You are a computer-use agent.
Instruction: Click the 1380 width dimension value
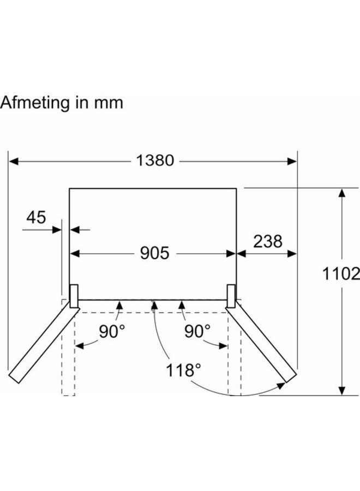pyautogui.click(x=155, y=160)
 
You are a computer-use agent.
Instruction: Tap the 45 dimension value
pyautogui.click(x=35, y=218)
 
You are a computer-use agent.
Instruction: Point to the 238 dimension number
pyautogui.click(x=267, y=241)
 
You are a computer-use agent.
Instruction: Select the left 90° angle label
pyautogui.click(x=112, y=331)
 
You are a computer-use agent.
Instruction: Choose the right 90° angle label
pyautogui.click(x=197, y=331)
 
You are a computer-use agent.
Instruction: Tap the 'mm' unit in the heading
pyautogui.click(x=110, y=103)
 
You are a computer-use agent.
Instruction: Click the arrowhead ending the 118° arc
pyautogui.click(x=280, y=386)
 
